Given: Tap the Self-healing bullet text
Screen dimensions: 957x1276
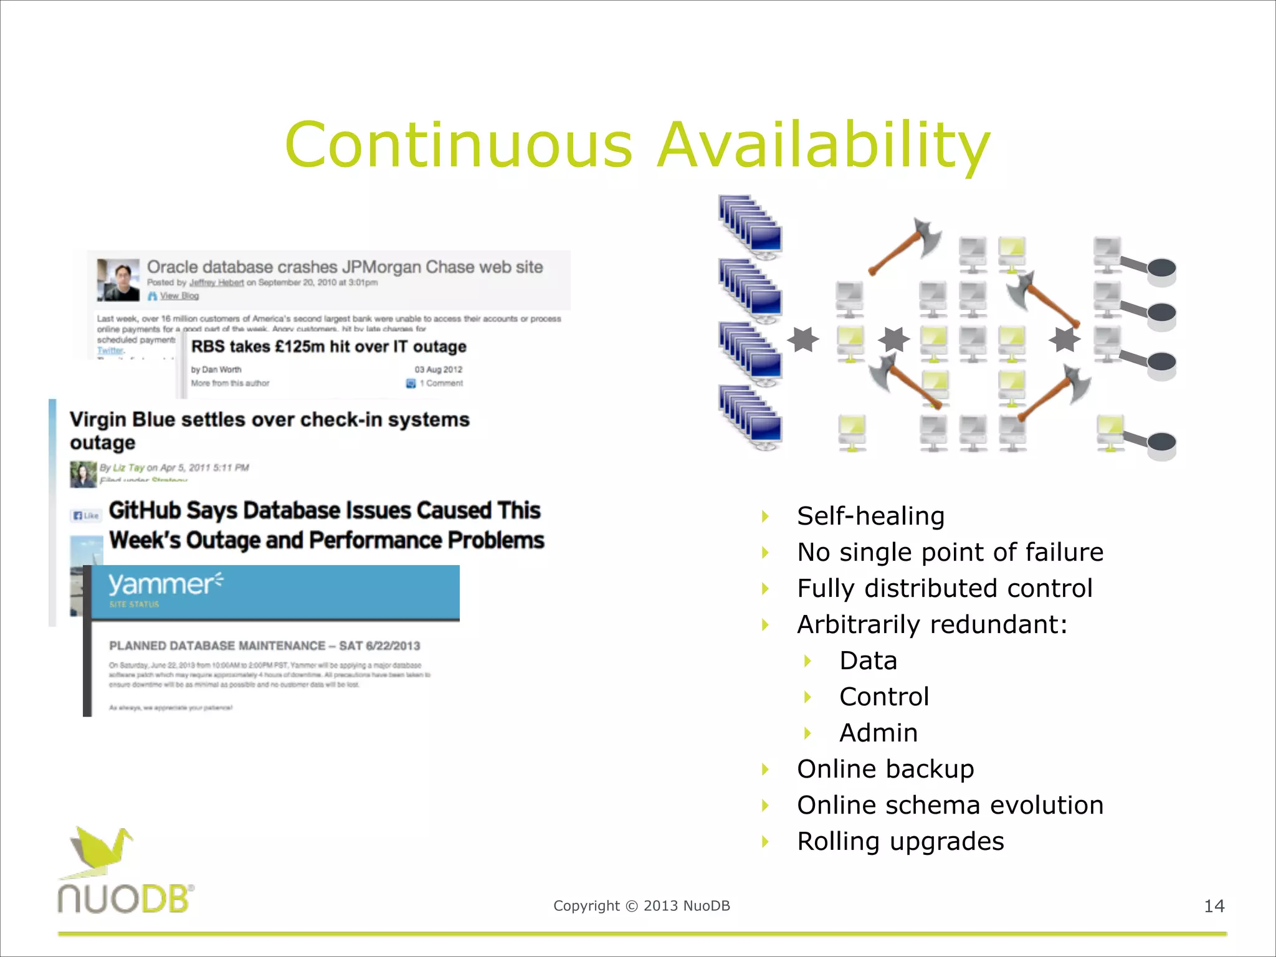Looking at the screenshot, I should [x=870, y=517].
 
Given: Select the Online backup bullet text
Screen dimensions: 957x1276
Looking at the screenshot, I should [x=885, y=769].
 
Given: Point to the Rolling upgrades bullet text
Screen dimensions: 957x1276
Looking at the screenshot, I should [x=900, y=842].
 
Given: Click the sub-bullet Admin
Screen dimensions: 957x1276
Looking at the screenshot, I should [x=878, y=733].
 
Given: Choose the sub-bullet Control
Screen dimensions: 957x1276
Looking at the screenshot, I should [x=884, y=697].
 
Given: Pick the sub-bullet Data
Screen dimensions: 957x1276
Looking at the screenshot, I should [x=868, y=661].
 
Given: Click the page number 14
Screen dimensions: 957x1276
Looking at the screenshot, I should [x=1214, y=906].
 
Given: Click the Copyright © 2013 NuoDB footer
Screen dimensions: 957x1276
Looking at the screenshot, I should [x=641, y=906].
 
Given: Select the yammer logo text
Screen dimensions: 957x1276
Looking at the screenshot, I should [x=164, y=584].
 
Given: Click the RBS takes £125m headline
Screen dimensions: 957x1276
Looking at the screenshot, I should [x=328, y=347].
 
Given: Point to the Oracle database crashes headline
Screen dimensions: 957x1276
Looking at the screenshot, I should [x=345, y=267].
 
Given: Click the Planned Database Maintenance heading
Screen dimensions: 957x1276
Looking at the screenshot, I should [x=264, y=646].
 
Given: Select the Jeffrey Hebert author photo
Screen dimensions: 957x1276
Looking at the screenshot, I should [x=118, y=280].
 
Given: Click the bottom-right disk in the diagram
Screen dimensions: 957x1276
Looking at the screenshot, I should [x=1161, y=445].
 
